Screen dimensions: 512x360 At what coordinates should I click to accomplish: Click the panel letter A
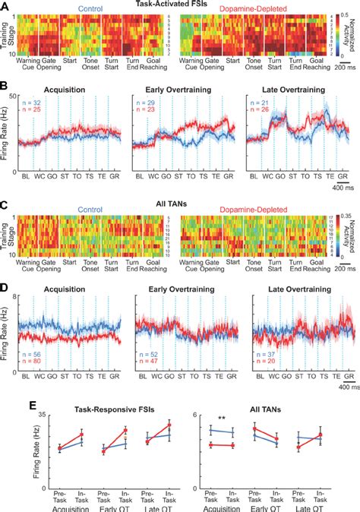click(5, 6)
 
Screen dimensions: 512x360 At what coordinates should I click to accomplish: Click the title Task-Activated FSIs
click(179, 5)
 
